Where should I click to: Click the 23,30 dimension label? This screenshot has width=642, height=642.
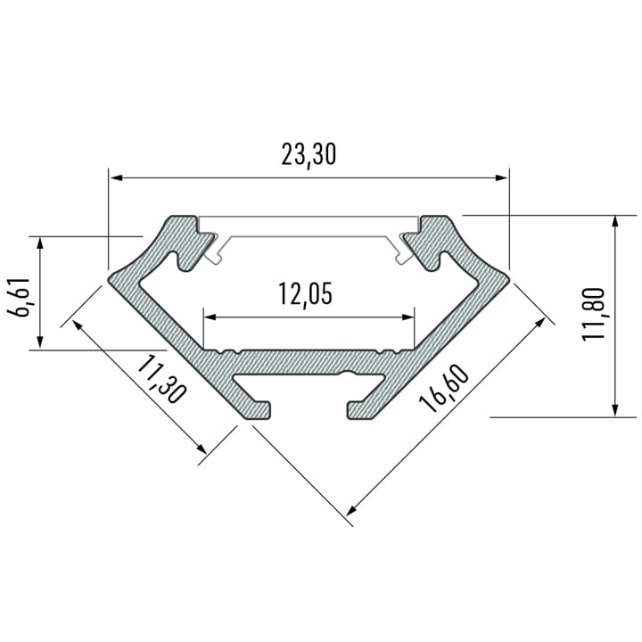coord(309,155)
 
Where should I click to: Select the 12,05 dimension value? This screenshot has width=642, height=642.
coord(305,294)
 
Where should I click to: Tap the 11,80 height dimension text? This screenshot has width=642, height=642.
coord(593,314)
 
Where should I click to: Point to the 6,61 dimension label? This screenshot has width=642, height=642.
coord(19,297)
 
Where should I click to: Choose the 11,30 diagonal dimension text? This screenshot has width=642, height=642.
coord(160,379)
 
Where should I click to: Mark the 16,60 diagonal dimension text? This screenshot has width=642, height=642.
coord(443,388)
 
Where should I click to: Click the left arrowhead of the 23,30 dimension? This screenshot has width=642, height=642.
coord(117,177)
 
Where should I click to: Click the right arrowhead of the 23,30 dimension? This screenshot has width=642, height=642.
coord(501,177)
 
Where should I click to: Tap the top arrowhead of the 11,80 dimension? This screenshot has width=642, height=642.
coord(614,221)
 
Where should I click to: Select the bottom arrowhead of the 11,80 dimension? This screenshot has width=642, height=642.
coord(614,410)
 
